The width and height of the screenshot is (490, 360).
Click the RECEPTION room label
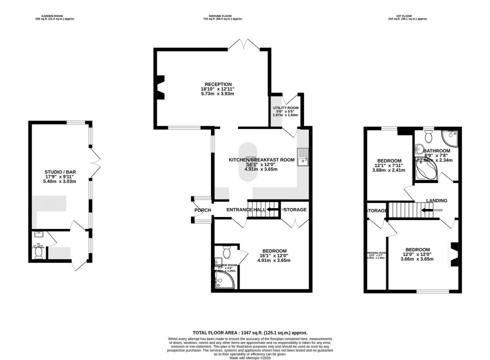[x=217, y=84]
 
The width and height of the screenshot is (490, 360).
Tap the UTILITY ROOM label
[x=285, y=108]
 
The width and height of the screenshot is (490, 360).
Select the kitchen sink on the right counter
[x=303, y=157]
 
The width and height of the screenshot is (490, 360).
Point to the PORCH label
[x=202, y=210]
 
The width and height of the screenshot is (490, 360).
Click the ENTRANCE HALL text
[x=245, y=210]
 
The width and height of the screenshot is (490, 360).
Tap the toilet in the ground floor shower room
[x=225, y=250]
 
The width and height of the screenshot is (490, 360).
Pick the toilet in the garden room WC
[x=38, y=251]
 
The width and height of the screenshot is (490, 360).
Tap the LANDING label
[x=436, y=200]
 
